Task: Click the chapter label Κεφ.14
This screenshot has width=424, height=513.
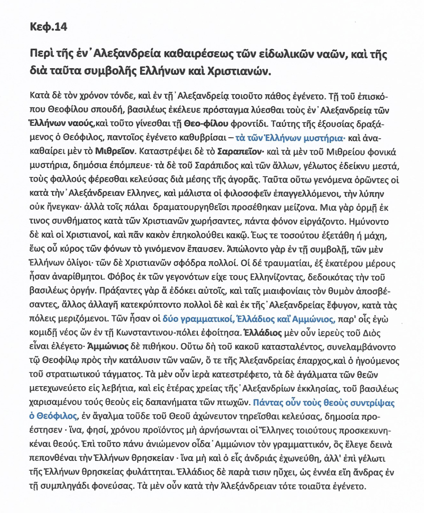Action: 46,26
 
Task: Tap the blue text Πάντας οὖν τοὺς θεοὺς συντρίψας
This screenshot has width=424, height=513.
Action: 322,402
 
